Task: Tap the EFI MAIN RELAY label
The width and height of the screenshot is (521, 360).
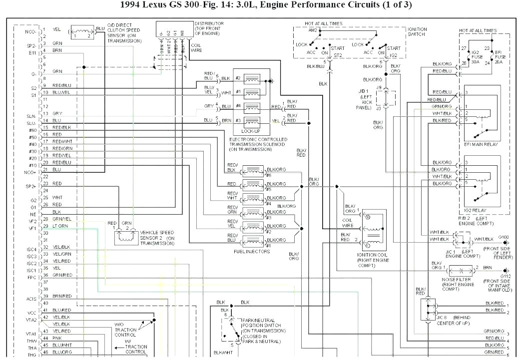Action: pyautogui.click(x=481, y=144)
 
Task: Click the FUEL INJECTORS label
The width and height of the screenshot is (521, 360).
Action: pyautogui.click(x=252, y=251)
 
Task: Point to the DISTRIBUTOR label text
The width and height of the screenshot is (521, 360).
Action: pyautogui.click(x=209, y=23)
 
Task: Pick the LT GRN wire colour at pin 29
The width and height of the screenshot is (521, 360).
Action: pyautogui.click(x=60, y=226)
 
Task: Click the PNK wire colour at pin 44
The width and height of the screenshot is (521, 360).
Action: pyautogui.click(x=56, y=338)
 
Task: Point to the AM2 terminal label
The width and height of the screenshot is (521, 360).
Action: pyautogui.click(x=313, y=30)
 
